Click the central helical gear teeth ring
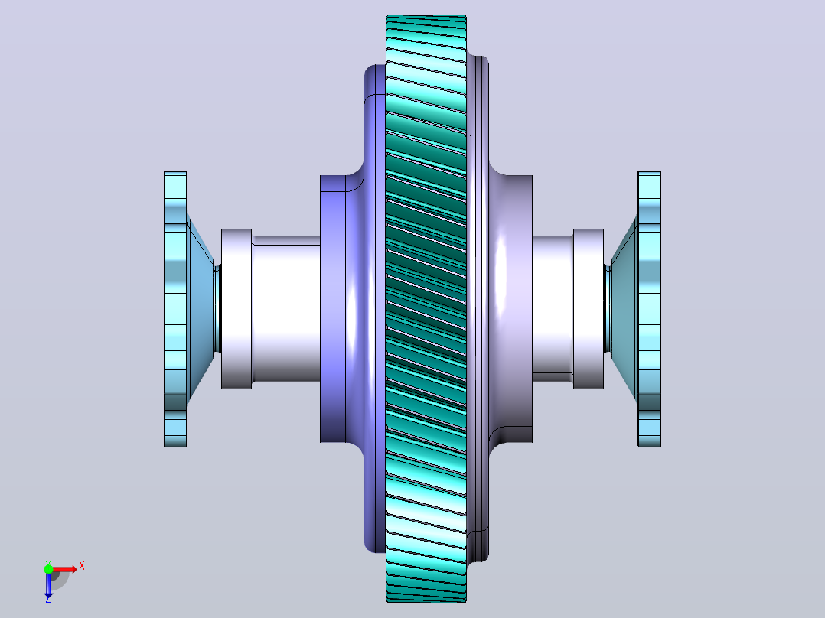426,309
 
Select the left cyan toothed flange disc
176,309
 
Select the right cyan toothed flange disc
649,309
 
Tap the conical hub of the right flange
624,309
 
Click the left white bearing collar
236,309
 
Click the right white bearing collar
589,309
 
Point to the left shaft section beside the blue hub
287,309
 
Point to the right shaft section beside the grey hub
552,309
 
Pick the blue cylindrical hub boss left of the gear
333,309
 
